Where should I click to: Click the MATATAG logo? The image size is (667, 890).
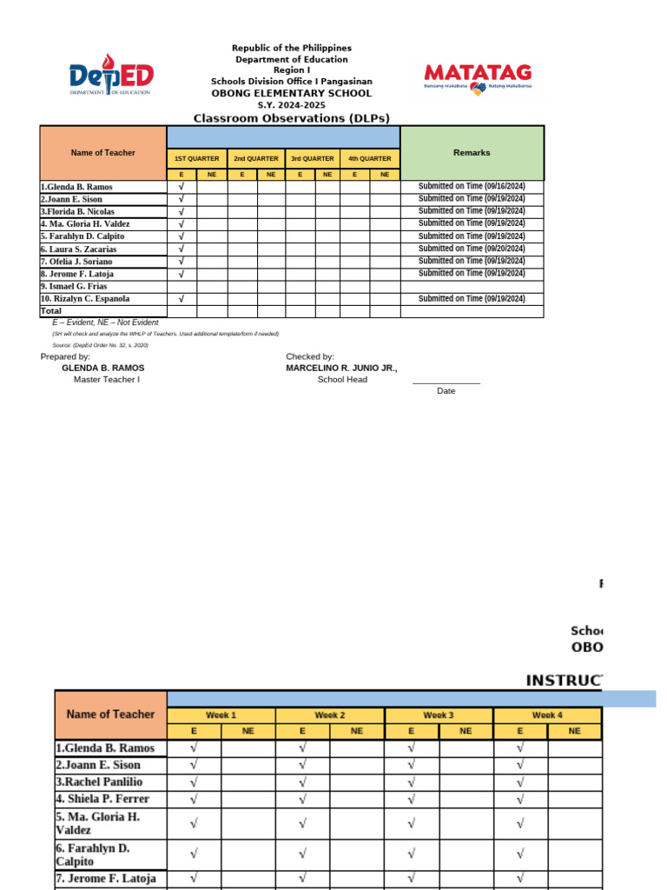pos(478,76)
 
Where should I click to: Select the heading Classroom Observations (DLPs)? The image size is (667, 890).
pos(291,118)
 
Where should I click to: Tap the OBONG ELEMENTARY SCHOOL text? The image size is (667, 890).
pos(291,93)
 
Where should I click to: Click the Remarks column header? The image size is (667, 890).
pos(472,153)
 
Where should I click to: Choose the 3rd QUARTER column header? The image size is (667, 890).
pos(313,159)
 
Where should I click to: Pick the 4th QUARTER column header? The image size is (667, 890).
pos(370,159)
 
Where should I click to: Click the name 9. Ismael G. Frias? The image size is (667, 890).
pos(74,286)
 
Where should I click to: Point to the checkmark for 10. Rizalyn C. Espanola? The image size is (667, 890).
pos(181,298)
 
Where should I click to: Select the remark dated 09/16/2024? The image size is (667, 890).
pos(472,186)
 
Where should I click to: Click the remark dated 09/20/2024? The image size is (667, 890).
pos(472,249)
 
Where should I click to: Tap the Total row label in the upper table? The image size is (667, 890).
pos(51,311)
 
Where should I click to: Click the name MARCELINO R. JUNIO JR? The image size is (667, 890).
pos(341,369)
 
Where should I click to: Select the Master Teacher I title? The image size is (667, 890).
pos(106,380)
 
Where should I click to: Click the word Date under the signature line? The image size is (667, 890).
pos(446,391)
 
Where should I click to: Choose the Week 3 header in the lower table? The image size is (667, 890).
pos(438,715)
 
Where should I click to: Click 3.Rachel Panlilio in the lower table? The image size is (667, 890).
pos(105,781)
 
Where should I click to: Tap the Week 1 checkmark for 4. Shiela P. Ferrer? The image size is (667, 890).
pos(193,799)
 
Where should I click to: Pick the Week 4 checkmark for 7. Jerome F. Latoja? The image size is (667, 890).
pos(519,879)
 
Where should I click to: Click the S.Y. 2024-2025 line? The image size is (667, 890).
pos(291,105)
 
